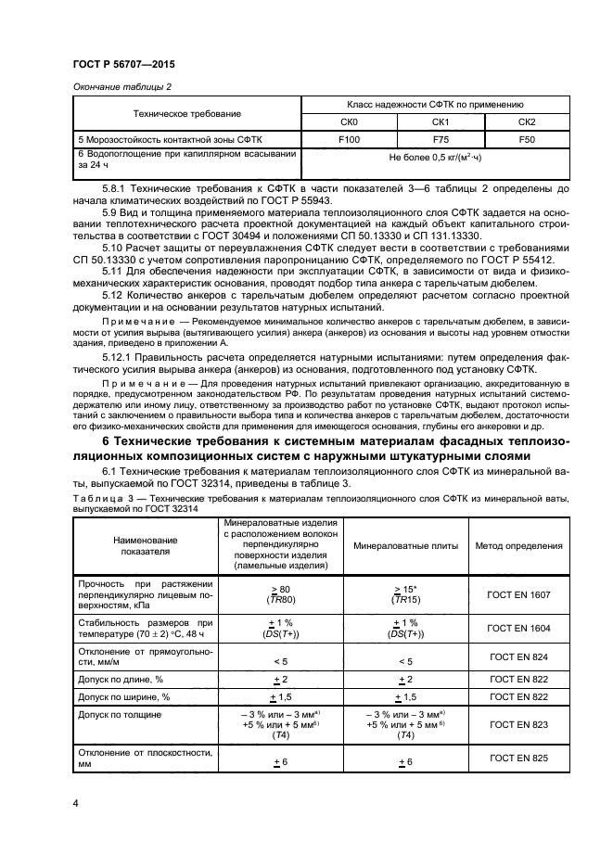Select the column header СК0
click(x=349, y=121)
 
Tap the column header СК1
click(x=441, y=121)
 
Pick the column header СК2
click(x=526, y=121)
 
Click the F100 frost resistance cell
click(x=349, y=137)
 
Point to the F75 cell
click(x=441, y=137)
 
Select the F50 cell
click(x=526, y=137)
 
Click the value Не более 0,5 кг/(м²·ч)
click(x=437, y=157)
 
